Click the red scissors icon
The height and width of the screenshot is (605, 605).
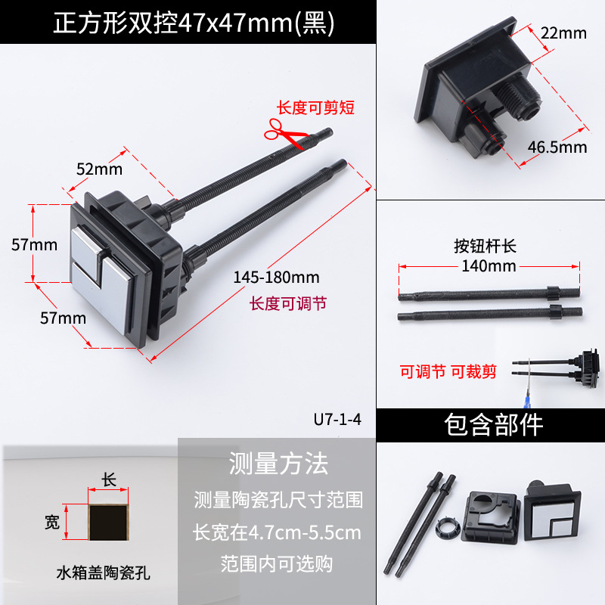(x=286, y=133)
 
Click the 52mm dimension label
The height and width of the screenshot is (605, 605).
(x=100, y=169)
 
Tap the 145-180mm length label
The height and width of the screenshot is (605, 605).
(x=276, y=277)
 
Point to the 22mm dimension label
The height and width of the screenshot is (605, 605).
(x=563, y=33)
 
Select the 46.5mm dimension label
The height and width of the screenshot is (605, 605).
(x=557, y=147)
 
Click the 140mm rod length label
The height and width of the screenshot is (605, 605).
(x=489, y=266)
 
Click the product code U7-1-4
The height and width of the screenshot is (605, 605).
(x=337, y=420)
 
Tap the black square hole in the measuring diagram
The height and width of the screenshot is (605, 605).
(x=108, y=523)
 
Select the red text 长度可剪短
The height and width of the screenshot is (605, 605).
(x=315, y=107)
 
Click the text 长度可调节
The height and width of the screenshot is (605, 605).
(x=288, y=303)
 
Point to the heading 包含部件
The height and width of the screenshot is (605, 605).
(x=494, y=425)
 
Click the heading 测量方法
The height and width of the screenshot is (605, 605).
(x=278, y=464)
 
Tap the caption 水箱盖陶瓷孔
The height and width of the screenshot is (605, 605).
(x=103, y=572)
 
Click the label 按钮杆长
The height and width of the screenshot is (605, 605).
(x=485, y=246)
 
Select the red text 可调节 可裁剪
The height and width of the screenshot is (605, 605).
(x=448, y=371)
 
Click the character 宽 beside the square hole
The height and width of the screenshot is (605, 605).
(x=52, y=522)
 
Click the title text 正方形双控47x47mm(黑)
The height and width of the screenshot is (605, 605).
(x=194, y=23)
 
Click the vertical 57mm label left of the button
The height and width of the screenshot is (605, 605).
(x=34, y=244)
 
